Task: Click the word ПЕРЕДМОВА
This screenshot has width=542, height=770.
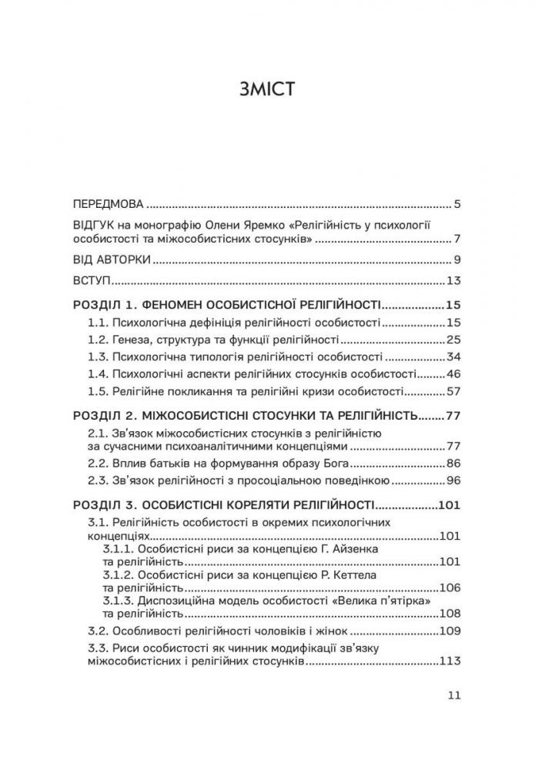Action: pos(108,206)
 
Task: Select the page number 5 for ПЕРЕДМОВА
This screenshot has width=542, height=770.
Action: pos(457,206)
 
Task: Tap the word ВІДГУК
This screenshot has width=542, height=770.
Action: pos(93,225)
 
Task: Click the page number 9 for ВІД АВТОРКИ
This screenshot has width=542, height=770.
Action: pos(457,259)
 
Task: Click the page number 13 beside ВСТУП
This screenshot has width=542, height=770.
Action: pos(453,280)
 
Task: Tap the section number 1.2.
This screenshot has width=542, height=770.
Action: pos(97,340)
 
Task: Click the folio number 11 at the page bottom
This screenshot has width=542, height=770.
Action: pos(453,695)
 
